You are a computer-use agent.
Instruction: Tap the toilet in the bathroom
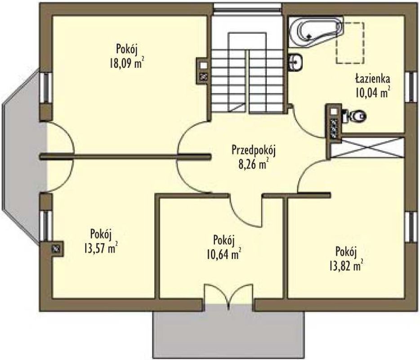tap(354, 116)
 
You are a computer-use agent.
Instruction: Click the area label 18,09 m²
tap(126, 63)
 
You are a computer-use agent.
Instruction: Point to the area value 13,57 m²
tap(100, 248)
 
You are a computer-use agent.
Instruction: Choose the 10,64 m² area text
tap(223, 254)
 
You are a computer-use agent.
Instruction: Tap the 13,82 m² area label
tap(346, 266)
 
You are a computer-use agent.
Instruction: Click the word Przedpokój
tap(254, 151)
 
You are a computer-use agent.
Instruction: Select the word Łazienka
tap(372, 79)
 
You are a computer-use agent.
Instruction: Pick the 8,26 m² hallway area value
tap(254, 164)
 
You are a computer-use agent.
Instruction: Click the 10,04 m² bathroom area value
tap(372, 93)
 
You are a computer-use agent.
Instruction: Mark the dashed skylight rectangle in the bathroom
tap(350, 43)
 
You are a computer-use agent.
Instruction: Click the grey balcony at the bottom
tap(228, 335)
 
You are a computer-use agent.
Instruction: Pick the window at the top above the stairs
tap(247, 8)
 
